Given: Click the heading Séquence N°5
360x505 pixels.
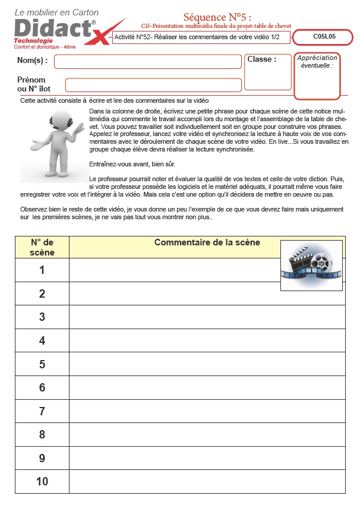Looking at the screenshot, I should click(217, 17).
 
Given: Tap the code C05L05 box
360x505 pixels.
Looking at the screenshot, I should click(324, 37).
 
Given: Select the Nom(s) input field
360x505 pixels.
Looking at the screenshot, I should click(147, 61).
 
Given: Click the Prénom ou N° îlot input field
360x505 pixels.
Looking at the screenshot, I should click(153, 85).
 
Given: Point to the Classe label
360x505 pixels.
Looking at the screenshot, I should click(261, 59).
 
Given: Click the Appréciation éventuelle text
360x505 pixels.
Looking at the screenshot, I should click(317, 61).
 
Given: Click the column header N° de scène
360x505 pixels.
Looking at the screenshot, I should click(42, 247).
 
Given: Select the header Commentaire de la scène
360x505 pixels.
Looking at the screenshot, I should click(207, 242).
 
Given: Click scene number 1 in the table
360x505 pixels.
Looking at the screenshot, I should click(42, 270).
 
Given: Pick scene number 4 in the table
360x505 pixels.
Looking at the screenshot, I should click(42, 340).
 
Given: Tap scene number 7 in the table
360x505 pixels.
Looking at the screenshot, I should click(42, 411).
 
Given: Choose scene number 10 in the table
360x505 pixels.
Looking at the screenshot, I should click(42, 481).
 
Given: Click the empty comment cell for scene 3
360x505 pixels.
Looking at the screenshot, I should click(207, 317).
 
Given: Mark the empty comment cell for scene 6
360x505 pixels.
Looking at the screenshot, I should click(207, 387).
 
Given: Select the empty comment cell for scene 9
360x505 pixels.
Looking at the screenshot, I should click(207, 458).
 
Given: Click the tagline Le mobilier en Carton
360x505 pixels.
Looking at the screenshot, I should click(56, 12).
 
